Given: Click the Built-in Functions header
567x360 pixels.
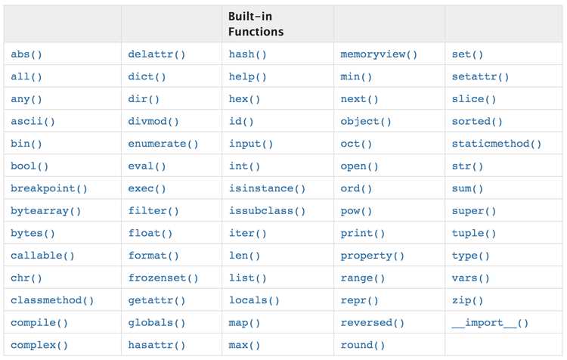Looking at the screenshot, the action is [x=256, y=24].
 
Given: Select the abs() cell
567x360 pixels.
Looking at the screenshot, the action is [x=26, y=54].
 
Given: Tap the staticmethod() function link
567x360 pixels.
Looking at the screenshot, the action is [x=497, y=144].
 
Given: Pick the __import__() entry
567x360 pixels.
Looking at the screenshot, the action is [x=490, y=323].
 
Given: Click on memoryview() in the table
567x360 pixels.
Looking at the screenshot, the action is [x=379, y=54].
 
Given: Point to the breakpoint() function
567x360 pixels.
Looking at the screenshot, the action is [x=49, y=188].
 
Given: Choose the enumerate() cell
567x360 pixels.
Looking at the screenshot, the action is [x=163, y=144].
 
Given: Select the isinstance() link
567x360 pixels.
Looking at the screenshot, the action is [x=267, y=188].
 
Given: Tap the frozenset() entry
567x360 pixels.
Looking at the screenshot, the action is [x=163, y=278].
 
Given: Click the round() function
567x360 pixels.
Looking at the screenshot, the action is [x=363, y=345].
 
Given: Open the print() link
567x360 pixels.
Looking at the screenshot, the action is [x=363, y=234].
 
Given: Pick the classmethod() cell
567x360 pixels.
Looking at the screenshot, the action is [x=52, y=300].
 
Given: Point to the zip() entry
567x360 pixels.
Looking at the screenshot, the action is [x=467, y=300].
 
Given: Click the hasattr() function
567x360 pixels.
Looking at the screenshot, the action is [x=156, y=345].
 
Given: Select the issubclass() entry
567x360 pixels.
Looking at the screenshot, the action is [x=267, y=211].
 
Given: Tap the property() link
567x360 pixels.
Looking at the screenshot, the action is [x=372, y=256].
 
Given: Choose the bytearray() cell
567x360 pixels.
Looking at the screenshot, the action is [x=45, y=211].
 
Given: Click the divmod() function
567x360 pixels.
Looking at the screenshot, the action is [x=153, y=121].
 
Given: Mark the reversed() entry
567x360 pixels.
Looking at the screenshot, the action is [x=372, y=323].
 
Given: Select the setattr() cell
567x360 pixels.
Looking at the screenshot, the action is [x=480, y=76].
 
